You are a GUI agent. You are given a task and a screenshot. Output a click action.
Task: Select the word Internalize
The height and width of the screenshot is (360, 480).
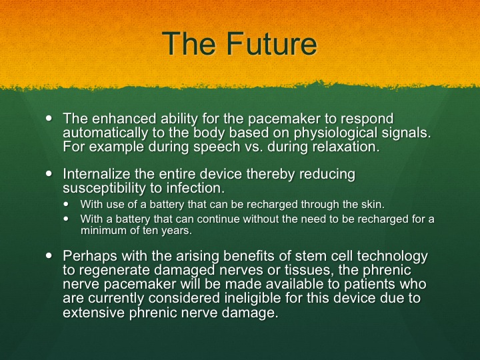(x=97, y=173)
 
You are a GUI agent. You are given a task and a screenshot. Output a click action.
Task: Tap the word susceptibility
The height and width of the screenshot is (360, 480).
(x=104, y=187)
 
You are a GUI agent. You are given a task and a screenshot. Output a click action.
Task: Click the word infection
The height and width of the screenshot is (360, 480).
(x=195, y=187)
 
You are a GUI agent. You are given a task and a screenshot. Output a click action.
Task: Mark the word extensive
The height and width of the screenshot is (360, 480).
(x=94, y=312)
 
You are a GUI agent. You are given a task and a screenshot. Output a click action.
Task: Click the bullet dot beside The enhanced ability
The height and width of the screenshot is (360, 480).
(x=49, y=119)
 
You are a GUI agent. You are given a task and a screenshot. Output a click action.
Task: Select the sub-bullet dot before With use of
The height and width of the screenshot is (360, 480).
(x=67, y=204)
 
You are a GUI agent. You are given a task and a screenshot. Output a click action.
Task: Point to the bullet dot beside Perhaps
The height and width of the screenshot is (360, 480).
(x=49, y=255)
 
